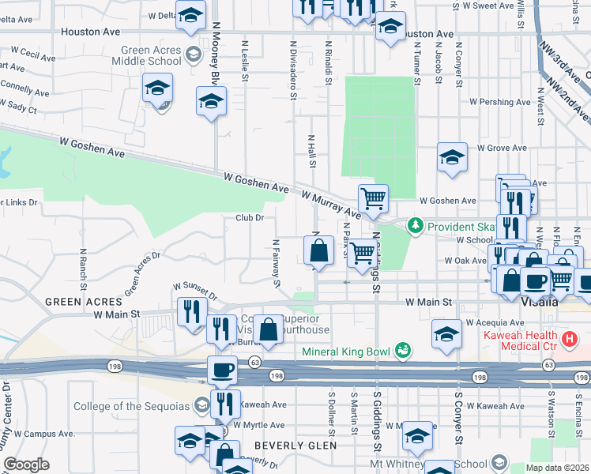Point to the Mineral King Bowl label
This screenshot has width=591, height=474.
348,351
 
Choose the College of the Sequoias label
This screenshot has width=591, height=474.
131,406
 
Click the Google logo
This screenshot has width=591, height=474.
26,465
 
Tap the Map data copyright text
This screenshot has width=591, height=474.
558,468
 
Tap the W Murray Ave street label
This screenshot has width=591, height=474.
330,202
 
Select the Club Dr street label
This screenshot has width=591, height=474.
249,217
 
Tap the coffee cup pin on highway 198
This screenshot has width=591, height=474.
222,368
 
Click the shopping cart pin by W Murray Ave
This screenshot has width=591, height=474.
372,197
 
